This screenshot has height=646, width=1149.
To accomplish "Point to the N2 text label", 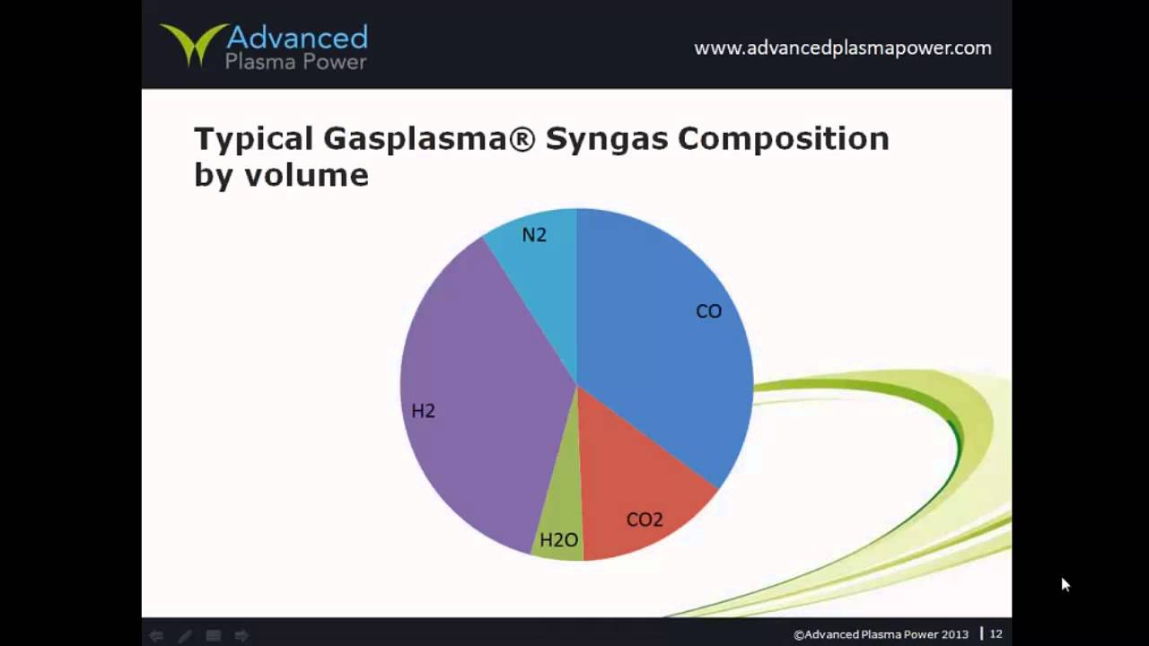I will pyautogui.click(x=534, y=235).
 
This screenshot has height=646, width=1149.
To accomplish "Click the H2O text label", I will pyautogui.click(x=558, y=540).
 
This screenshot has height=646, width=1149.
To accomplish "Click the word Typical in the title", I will pyautogui.click(x=253, y=139).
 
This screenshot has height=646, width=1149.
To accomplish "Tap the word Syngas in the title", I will pyautogui.click(x=606, y=139).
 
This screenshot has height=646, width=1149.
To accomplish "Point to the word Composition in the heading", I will pyautogui.click(x=783, y=139).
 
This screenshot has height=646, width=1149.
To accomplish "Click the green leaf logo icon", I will pyautogui.click(x=191, y=45).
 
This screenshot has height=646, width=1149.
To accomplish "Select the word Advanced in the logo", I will pyautogui.click(x=297, y=38).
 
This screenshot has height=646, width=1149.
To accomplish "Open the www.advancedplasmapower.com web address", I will pyautogui.click(x=842, y=48).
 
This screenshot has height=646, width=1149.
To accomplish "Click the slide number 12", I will pyautogui.click(x=996, y=634).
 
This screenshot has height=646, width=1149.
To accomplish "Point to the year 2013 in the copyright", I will pyautogui.click(x=954, y=634).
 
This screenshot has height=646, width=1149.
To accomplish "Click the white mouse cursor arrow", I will pyautogui.click(x=1066, y=585).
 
